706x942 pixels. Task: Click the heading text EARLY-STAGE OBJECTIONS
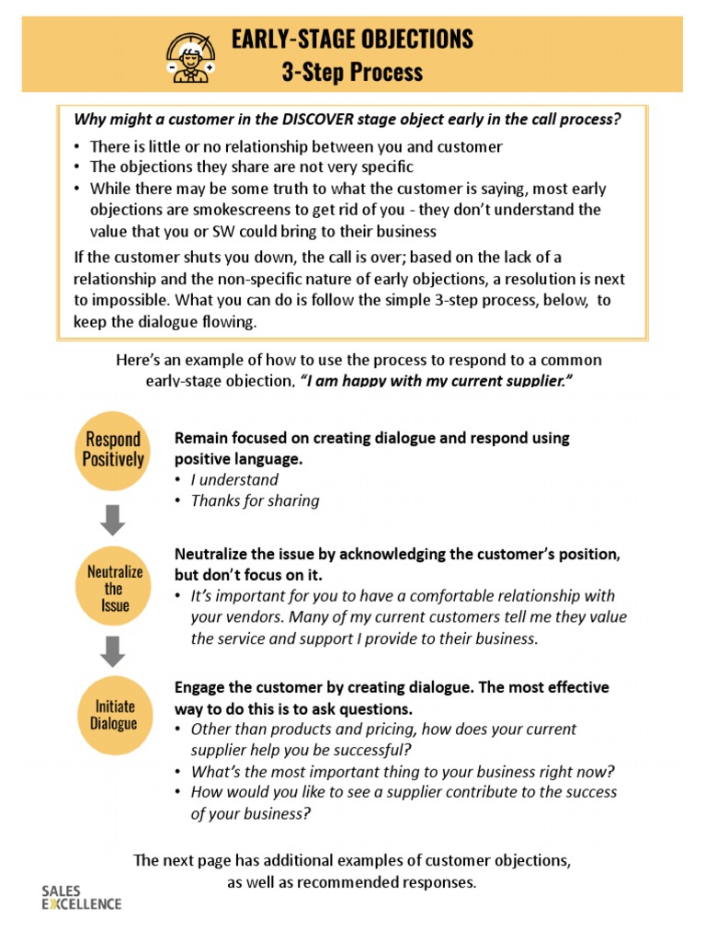(x=352, y=39)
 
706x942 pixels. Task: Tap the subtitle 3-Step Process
(x=352, y=72)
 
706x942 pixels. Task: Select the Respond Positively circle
(x=113, y=449)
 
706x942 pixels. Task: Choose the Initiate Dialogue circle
(x=113, y=715)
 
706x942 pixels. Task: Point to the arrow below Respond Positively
(x=113, y=520)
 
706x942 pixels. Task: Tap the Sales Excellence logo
(x=81, y=897)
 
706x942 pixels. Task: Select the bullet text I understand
(x=233, y=479)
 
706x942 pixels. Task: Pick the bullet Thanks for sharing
(x=255, y=500)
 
